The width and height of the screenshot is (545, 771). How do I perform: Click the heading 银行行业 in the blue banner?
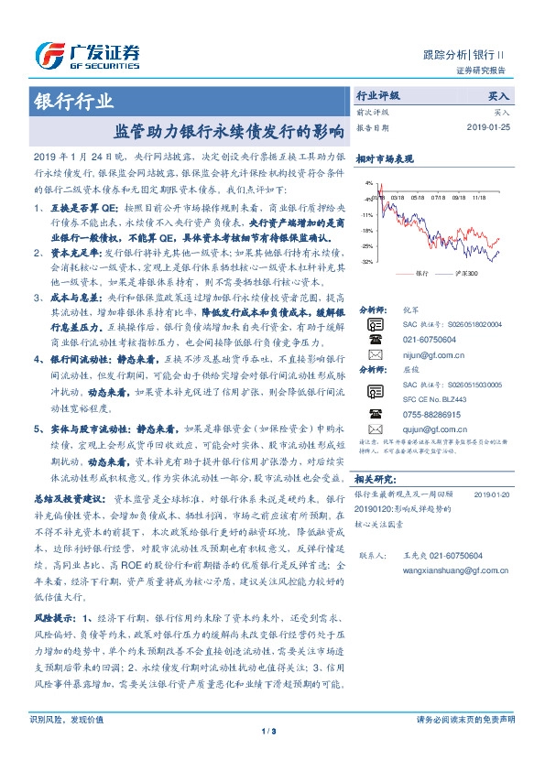(74, 101)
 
